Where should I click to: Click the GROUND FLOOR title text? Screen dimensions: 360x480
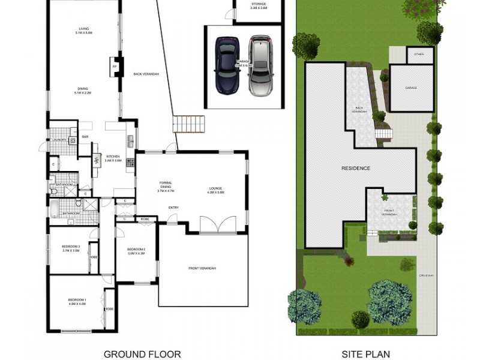(x=142, y=354)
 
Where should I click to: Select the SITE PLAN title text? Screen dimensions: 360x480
(x=366, y=354)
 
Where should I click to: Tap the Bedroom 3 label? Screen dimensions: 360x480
(x=71, y=248)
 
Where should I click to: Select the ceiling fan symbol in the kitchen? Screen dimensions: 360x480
(x=96, y=160)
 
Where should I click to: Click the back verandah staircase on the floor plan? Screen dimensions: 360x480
(x=189, y=124)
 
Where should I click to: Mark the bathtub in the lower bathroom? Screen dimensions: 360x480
(x=54, y=211)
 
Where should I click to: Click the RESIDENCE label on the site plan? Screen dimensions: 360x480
(x=356, y=169)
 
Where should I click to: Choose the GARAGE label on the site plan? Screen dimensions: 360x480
(x=411, y=88)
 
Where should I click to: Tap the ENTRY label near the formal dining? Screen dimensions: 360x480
(x=173, y=208)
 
